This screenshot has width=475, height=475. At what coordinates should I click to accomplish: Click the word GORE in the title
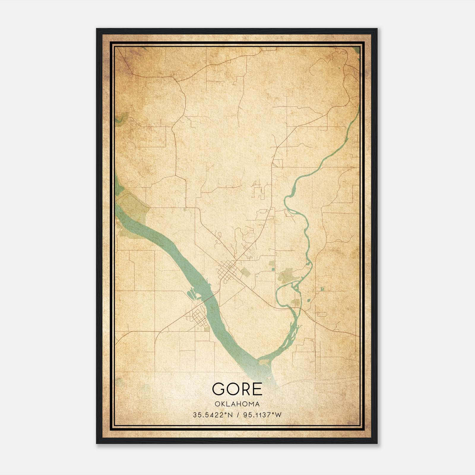tap(237, 389)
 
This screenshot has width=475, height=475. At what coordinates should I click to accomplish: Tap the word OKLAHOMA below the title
tap(237, 404)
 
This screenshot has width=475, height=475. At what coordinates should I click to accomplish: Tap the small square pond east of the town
tap(273, 269)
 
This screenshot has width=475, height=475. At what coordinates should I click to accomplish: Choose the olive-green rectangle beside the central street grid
tap(245, 272)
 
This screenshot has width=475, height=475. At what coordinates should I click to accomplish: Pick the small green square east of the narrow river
tap(322, 289)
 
